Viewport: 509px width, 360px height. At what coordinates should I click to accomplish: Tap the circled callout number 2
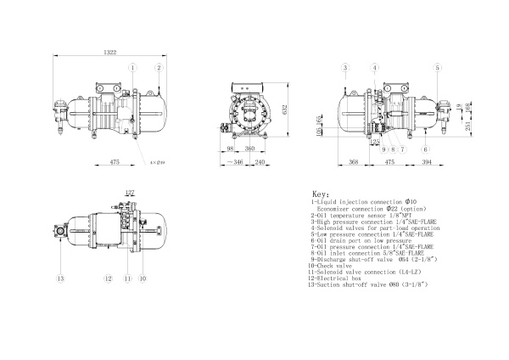pyautogui.click(x=158, y=67)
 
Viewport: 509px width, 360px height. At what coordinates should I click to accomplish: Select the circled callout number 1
pyautogui.click(x=131, y=67)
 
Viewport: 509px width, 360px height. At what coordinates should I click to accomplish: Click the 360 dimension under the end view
pyautogui.click(x=249, y=149)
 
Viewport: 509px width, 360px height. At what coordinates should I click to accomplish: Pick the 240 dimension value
pyautogui.click(x=260, y=160)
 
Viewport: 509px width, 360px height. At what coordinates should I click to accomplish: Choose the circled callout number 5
pyautogui.click(x=438, y=67)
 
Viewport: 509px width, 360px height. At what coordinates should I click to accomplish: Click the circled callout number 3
pyautogui.click(x=346, y=67)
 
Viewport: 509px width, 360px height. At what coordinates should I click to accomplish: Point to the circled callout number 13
pyautogui.click(x=60, y=278)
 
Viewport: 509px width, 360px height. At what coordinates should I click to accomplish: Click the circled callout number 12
pyautogui.click(x=109, y=278)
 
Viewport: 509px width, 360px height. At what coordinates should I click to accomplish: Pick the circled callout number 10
pyautogui.click(x=143, y=278)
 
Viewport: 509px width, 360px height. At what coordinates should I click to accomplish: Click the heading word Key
pyautogui.click(x=321, y=194)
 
